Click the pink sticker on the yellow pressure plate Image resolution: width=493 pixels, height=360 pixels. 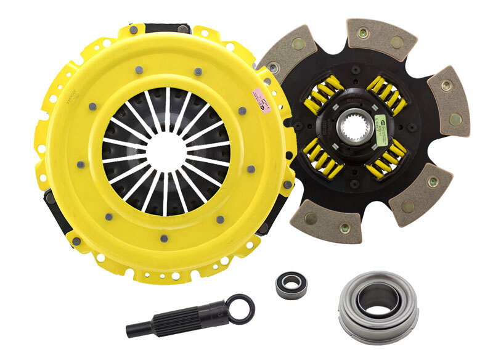click(258, 98)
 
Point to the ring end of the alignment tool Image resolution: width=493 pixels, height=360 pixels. click(240, 309)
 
